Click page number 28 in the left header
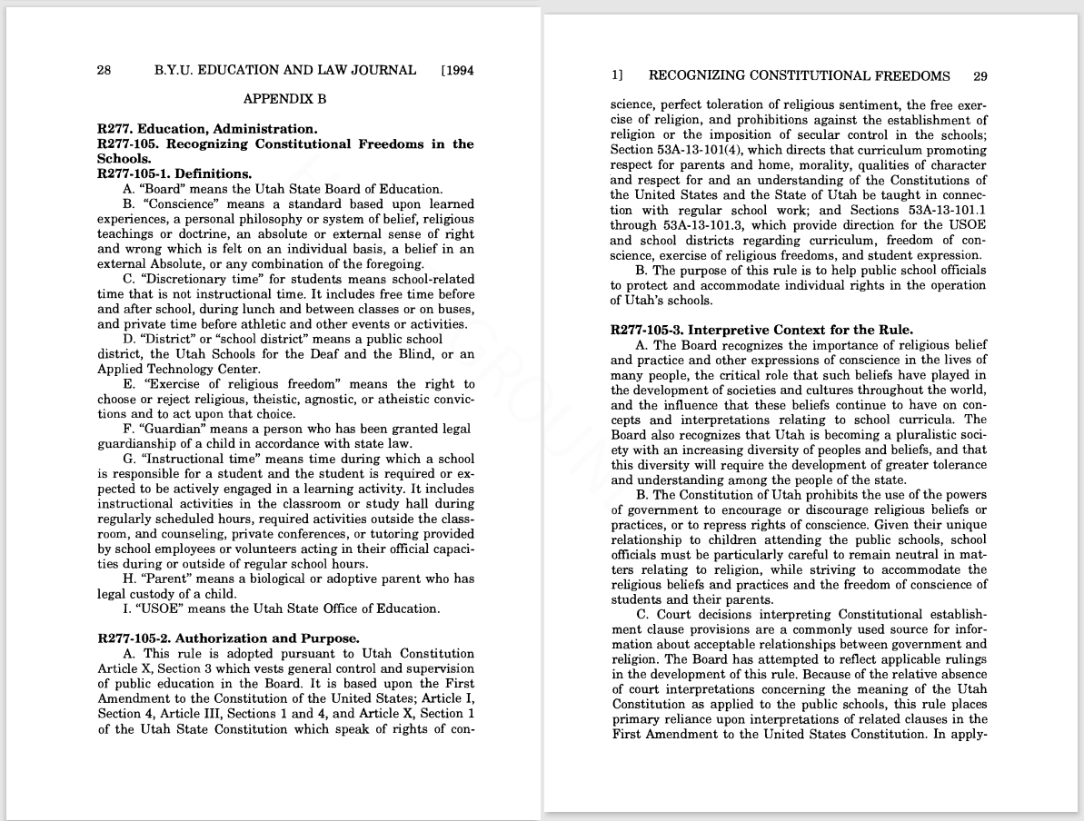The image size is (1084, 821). pyautogui.click(x=104, y=70)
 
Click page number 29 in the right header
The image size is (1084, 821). pyautogui.click(x=980, y=76)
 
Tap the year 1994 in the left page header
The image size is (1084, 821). pyautogui.click(x=460, y=70)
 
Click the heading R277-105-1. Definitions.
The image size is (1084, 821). pyautogui.click(x=174, y=173)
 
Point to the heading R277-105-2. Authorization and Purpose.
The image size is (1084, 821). pyautogui.click(x=228, y=638)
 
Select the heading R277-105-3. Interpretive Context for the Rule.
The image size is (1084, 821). pyautogui.click(x=761, y=330)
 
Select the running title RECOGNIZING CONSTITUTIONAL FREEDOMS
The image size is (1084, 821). pyautogui.click(x=799, y=76)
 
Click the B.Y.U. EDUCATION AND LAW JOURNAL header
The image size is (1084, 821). pyautogui.click(x=285, y=70)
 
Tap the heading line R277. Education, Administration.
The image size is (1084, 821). pyautogui.click(x=207, y=129)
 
